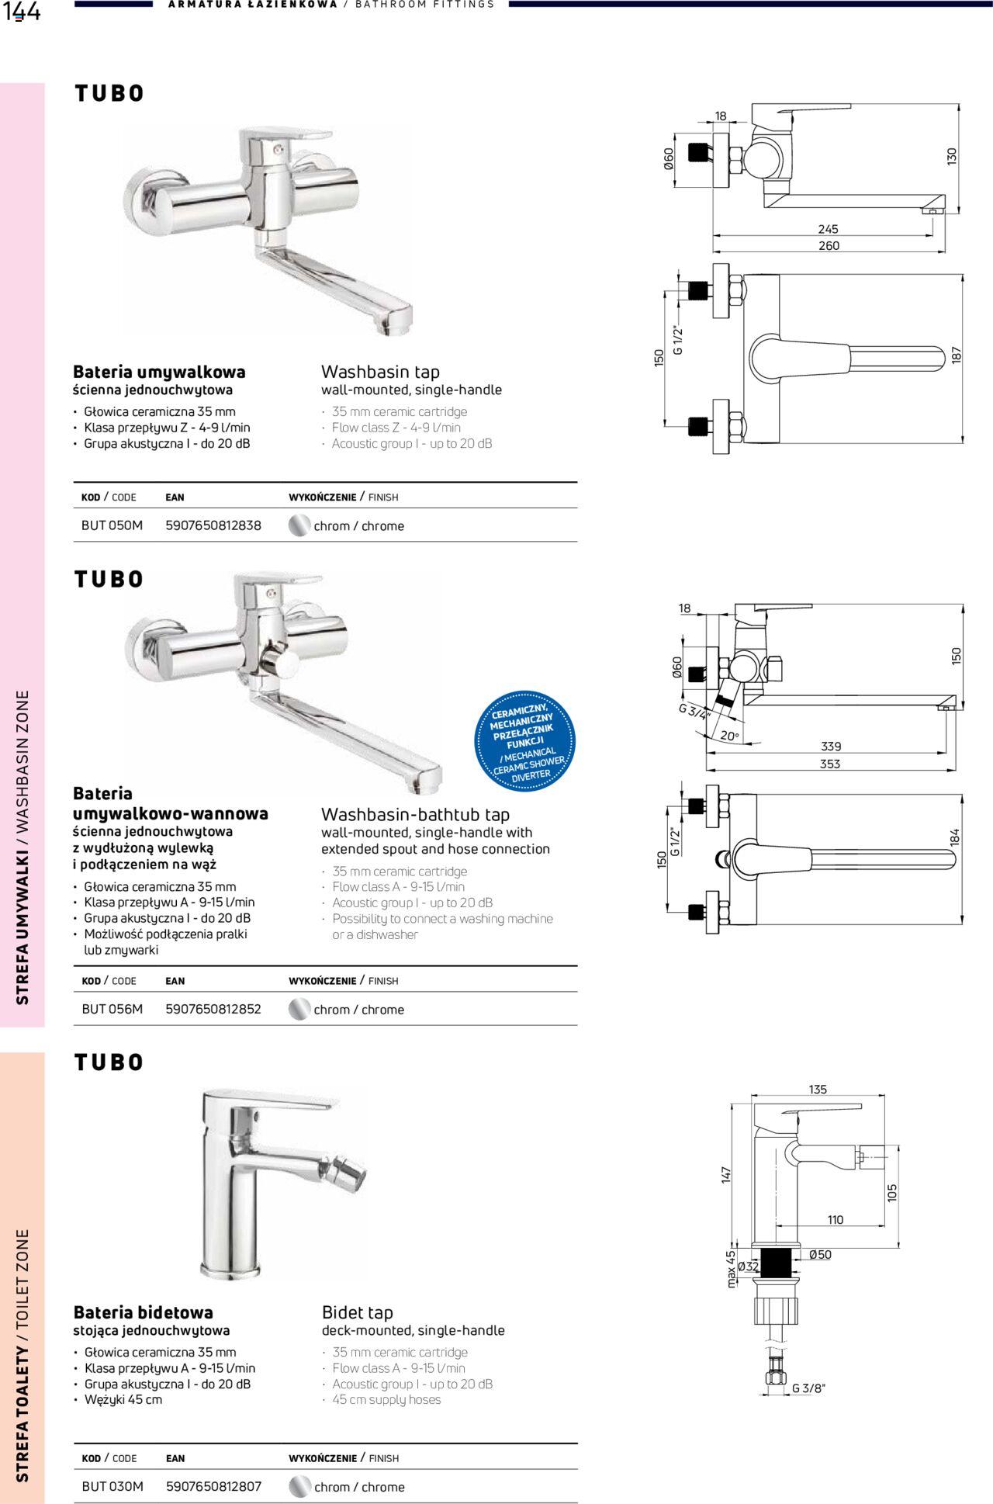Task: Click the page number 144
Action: pyautogui.click(x=21, y=12)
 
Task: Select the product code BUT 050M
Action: pyautogui.click(x=112, y=525)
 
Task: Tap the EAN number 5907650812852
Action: pyautogui.click(x=213, y=1009)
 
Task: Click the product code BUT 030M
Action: pyautogui.click(x=112, y=1486)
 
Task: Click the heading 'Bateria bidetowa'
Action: pyautogui.click(x=143, y=1312)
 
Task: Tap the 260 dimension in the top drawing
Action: pyautogui.click(x=829, y=245)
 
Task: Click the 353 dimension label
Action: pyautogui.click(x=829, y=764)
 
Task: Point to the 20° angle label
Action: pyautogui.click(x=729, y=735)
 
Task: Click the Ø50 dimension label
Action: pyautogui.click(x=819, y=1254)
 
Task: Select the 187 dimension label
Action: pyautogui.click(x=956, y=355)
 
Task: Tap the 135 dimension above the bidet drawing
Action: pyautogui.click(x=818, y=1089)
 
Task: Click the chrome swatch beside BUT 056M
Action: pyautogui.click(x=299, y=1009)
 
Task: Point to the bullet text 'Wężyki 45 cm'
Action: pyautogui.click(x=123, y=1399)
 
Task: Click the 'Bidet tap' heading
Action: pyautogui.click(x=357, y=1312)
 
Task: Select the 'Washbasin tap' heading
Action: pyautogui.click(x=380, y=371)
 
